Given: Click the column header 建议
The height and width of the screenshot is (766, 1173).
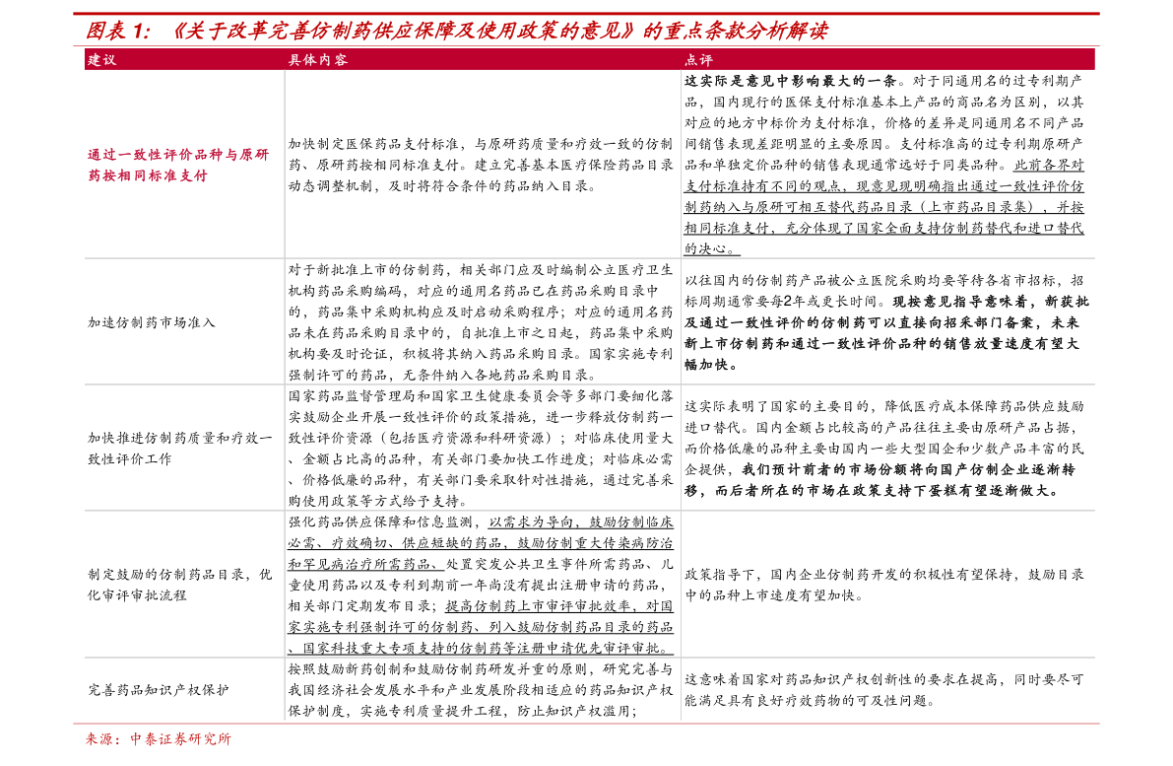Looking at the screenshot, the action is point(101,60).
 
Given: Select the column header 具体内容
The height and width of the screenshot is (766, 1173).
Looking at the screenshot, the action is point(318,60).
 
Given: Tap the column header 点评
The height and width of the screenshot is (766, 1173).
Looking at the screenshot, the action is point(698,60).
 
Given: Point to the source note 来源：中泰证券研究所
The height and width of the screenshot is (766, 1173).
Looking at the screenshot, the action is point(159,739).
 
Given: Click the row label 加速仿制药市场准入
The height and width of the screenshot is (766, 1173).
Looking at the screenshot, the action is point(151,322).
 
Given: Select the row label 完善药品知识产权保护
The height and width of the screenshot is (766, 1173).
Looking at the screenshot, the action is point(159,690).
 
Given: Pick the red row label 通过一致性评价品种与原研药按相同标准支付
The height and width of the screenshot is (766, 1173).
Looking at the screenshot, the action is point(178,166).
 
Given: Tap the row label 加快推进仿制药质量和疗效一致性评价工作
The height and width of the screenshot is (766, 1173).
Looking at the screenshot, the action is point(179,449).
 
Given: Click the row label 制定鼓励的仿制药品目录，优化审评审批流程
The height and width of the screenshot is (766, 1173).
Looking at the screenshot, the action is point(179,585).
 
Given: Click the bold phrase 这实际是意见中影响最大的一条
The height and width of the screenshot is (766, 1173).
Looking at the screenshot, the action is point(791,81).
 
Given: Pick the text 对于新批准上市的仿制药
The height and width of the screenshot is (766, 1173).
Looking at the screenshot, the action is point(366,269).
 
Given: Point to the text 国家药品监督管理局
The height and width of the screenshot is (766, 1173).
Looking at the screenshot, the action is point(353,396).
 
